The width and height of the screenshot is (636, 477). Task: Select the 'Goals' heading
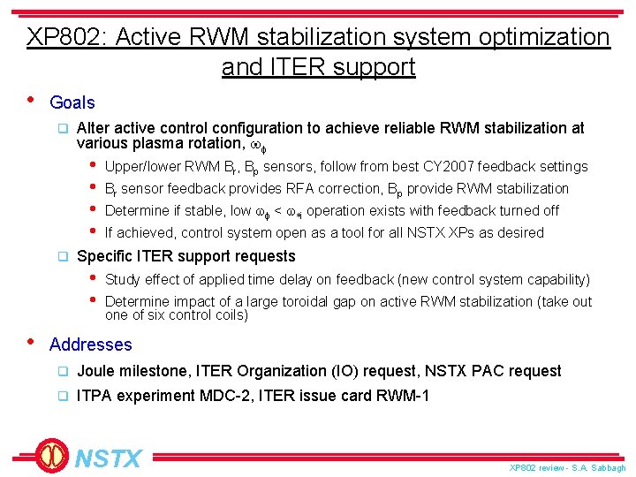coord(72,102)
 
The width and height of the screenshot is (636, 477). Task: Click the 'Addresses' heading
coord(90,344)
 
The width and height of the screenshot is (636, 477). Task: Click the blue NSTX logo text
coord(108,458)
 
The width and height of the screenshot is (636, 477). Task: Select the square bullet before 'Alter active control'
coord(63,128)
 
